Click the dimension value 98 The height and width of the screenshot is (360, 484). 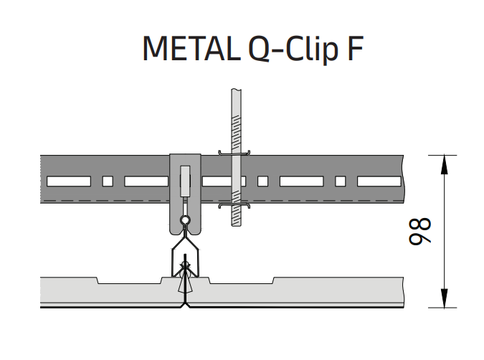pyautogui.click(x=423, y=231)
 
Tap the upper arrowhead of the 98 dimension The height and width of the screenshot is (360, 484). pyautogui.click(x=445, y=164)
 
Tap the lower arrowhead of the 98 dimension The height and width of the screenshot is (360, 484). pyautogui.click(x=445, y=298)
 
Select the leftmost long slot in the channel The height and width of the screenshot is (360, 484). pyautogui.click(x=69, y=181)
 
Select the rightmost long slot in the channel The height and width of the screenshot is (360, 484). pyautogui.click(x=379, y=181)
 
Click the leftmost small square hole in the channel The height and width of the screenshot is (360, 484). pyautogui.click(x=108, y=181)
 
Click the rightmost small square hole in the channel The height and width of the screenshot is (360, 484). pyautogui.click(x=341, y=181)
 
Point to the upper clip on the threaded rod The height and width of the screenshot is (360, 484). pyautogui.click(x=235, y=151)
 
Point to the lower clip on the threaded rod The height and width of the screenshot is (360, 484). pyautogui.click(x=235, y=206)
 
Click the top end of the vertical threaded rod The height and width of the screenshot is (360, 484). pyautogui.click(x=235, y=92)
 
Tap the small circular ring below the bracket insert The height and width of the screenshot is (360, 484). pyautogui.click(x=185, y=221)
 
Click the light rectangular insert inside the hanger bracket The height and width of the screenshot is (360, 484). pyautogui.click(x=185, y=181)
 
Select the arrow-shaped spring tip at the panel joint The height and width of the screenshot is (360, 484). pyautogui.click(x=186, y=273)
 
